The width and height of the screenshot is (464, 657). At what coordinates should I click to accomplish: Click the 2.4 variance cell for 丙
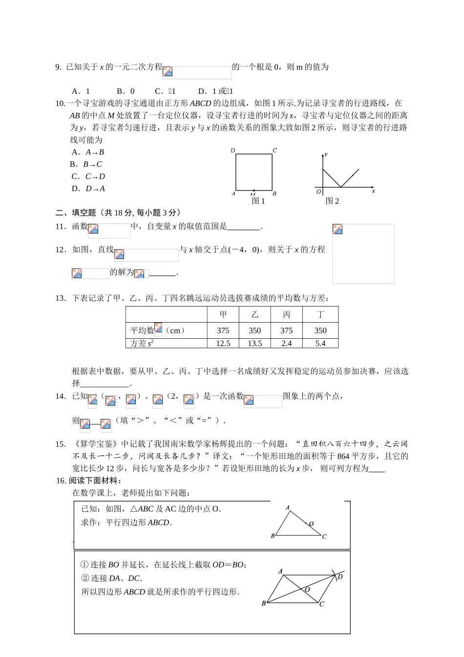[x=286, y=343]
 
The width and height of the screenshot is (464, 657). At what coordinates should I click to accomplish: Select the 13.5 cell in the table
[x=254, y=343]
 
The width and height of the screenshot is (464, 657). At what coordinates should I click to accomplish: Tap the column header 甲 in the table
[x=223, y=314]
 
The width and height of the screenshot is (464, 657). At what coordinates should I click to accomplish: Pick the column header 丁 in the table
[x=320, y=314]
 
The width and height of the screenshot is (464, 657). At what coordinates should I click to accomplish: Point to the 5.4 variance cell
[x=320, y=343]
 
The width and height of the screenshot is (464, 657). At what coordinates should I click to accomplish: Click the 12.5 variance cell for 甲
[x=223, y=343]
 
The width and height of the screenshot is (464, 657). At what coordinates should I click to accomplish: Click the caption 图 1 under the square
[x=258, y=201]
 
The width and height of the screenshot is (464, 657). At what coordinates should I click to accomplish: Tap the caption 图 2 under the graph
[x=332, y=201]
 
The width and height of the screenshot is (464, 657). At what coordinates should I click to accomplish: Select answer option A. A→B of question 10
[x=88, y=152]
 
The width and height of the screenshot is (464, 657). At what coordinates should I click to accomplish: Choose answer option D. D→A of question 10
[x=88, y=189]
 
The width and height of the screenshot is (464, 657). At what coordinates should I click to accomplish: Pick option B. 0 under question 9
[x=126, y=91]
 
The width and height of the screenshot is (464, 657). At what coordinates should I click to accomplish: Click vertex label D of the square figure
[x=233, y=151]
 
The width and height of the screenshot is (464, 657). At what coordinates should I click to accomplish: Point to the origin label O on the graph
[x=318, y=192]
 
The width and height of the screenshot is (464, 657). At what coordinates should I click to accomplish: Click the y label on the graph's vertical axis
[x=326, y=154]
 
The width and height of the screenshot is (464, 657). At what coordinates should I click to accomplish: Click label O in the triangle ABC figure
[x=311, y=524]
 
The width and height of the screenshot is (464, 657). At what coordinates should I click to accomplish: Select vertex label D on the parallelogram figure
[x=340, y=577]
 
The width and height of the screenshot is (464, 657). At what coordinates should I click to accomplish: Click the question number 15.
[x=61, y=444]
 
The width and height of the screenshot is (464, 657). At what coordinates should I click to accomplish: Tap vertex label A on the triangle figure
[x=288, y=507]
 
